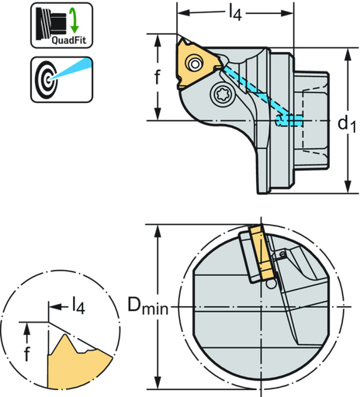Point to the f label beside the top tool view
pyautogui.click(x=157, y=77)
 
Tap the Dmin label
pyautogui.click(x=147, y=308)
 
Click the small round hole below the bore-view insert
pyautogui.click(x=269, y=285)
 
